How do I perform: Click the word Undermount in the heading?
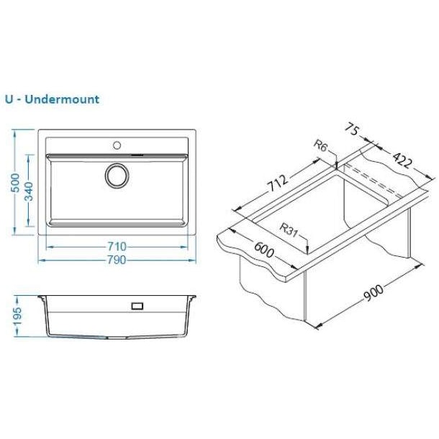pyautogui.click(x=62, y=99)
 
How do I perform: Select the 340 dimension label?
pyautogui.click(x=29, y=191)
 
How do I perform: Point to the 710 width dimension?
pyautogui.click(x=117, y=247)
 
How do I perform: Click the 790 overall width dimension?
pyautogui.click(x=117, y=260)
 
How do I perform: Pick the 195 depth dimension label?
pyautogui.click(x=17, y=317)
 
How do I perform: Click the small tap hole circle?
pyautogui.click(x=117, y=145)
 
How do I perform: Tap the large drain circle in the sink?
pyautogui.click(x=117, y=176)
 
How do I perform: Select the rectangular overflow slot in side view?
pyautogui.click(x=137, y=306)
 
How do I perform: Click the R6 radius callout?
pyautogui.click(x=320, y=145)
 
